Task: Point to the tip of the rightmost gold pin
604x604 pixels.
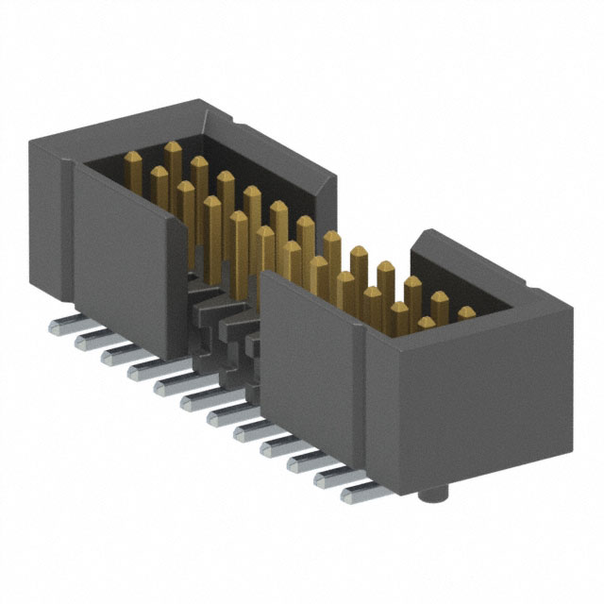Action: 466,312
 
